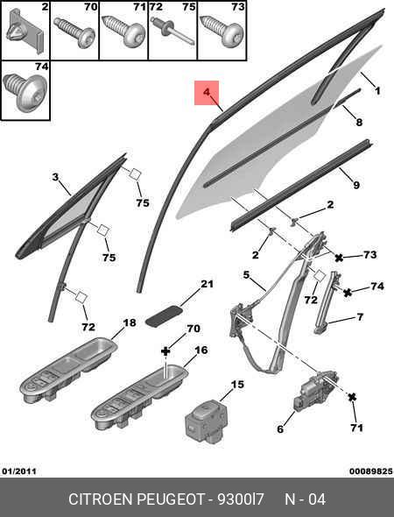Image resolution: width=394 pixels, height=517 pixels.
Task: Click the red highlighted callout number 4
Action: tap(207, 92)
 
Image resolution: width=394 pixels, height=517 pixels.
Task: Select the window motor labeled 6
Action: tap(315, 391)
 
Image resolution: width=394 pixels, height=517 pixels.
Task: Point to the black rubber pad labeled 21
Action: tap(164, 315)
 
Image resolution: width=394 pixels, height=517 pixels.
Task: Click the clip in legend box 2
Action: tap(25, 31)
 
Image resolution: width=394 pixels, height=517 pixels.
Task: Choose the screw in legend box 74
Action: tap(25, 92)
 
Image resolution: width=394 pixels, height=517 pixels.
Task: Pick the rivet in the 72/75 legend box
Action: tap(172, 31)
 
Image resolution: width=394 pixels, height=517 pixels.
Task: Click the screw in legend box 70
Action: tap(74, 32)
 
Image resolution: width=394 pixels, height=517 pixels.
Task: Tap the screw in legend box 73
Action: tap(222, 32)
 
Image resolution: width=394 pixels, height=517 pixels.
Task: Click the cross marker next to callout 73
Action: tap(339, 258)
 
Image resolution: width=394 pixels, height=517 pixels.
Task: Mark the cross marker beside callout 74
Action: tap(348, 292)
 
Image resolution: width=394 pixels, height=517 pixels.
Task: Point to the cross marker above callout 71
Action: tap(352, 397)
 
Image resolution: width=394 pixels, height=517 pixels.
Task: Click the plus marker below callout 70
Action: tap(165, 351)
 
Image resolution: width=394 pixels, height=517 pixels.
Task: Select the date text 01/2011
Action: tap(19, 471)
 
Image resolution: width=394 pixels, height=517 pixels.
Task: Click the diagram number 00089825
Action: tap(371, 471)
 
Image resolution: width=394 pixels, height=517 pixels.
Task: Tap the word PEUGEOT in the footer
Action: tap(171, 499)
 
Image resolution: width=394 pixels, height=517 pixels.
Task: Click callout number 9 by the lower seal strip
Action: tap(356, 185)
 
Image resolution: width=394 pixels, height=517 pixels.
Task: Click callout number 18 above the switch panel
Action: tap(130, 322)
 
